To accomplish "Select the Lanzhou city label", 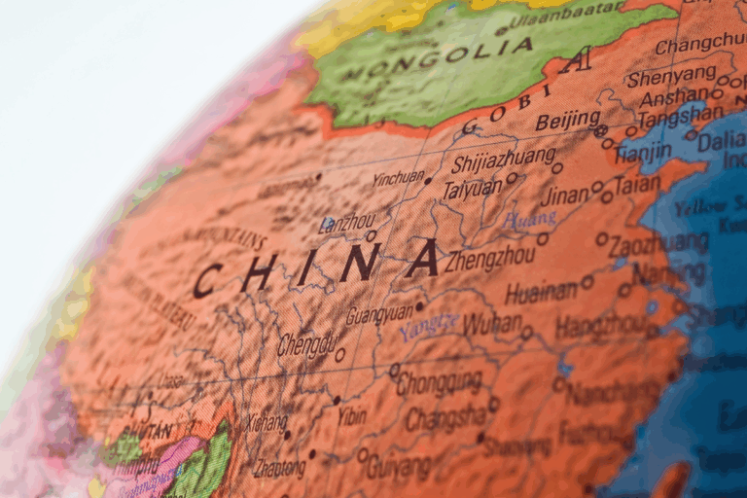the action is [345, 223].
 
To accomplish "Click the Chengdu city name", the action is [306, 344].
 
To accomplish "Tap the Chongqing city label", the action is [439, 381].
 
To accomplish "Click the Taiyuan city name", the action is [472, 189].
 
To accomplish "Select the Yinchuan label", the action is [398, 178].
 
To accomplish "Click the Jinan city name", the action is [565, 196].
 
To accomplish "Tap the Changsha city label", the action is [444, 419].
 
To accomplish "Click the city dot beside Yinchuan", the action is [428, 180].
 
